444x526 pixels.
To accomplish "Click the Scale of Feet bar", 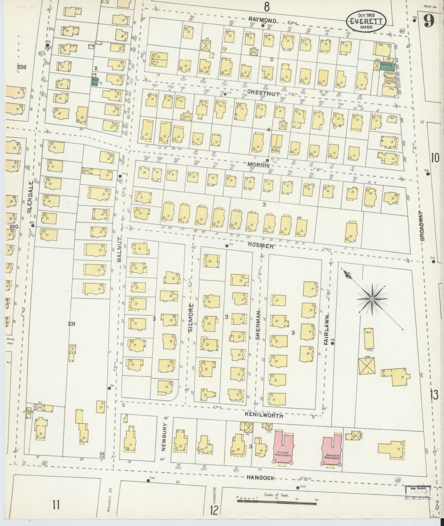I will [x=276, y=501].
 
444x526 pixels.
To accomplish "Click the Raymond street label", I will [x=262, y=21].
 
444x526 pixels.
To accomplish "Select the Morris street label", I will [x=258, y=165].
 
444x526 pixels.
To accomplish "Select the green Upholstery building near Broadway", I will [x=387, y=65].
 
